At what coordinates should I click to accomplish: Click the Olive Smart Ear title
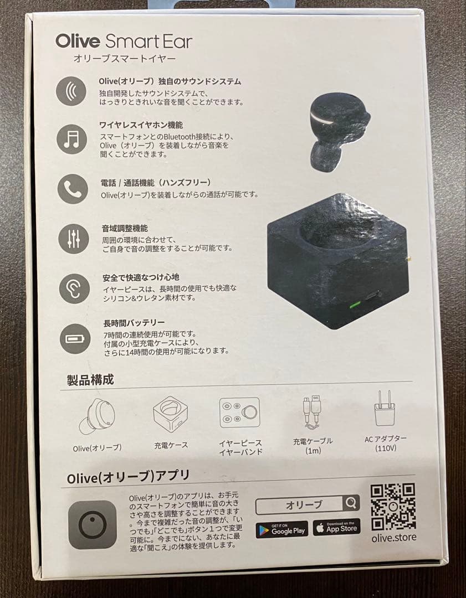coord(124,42)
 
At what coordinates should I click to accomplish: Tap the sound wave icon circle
coord(71,91)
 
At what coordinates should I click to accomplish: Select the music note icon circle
coord(71,139)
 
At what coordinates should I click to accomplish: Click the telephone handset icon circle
coord(73,188)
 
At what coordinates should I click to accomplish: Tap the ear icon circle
coord(74,288)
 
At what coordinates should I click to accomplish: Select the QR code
coord(393,507)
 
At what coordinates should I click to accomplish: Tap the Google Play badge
coord(281,528)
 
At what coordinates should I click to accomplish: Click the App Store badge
coord(336,527)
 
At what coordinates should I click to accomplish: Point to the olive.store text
coord(394,537)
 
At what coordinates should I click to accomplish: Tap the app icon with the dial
coord(93,524)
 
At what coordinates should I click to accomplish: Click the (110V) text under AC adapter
coord(385,448)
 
